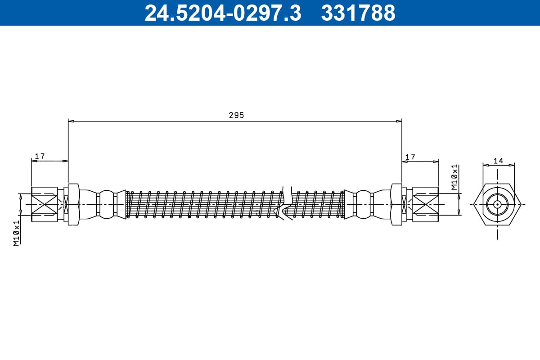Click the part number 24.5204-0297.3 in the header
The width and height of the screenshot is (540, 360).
click(x=223, y=13)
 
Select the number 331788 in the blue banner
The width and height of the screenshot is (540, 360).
click(x=358, y=13)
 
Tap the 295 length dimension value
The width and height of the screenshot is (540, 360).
click(x=236, y=115)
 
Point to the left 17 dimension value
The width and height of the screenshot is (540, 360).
click(x=40, y=156)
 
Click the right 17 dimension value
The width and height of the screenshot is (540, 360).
click(x=410, y=157)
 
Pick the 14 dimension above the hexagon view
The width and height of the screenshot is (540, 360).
click(x=498, y=161)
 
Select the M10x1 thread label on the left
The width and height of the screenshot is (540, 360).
click(x=16, y=233)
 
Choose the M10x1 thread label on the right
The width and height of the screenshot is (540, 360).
click(x=454, y=177)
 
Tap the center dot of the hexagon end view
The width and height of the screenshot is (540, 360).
click(x=497, y=204)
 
